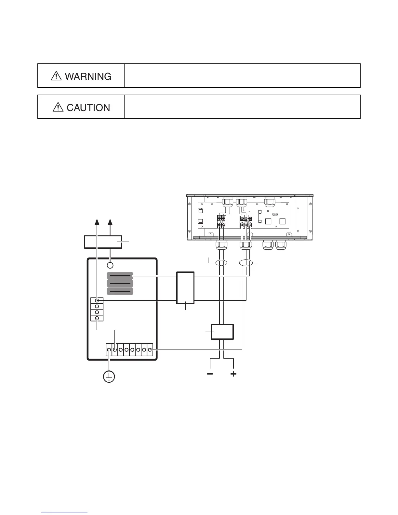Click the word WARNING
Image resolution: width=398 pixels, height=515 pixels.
click(x=88, y=76)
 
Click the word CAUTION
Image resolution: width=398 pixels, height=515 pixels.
click(x=88, y=108)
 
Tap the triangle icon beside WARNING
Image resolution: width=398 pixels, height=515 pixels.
click(x=56, y=76)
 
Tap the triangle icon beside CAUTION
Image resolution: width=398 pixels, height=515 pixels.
click(x=58, y=107)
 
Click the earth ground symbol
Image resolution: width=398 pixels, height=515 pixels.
click(x=109, y=377)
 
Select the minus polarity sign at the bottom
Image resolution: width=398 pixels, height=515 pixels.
click(x=210, y=374)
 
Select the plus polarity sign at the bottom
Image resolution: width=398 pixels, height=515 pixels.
click(x=233, y=374)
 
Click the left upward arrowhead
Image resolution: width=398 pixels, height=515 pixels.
click(x=97, y=222)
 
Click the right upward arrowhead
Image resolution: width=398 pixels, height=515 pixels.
click(x=110, y=222)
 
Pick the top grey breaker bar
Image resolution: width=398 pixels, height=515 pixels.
click(x=120, y=276)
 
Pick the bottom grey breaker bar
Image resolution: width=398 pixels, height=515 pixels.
click(x=120, y=291)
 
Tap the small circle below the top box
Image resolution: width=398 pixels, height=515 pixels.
click(x=110, y=265)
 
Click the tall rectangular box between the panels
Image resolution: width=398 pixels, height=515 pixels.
click(x=185, y=288)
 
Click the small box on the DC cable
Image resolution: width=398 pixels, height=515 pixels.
click(x=222, y=332)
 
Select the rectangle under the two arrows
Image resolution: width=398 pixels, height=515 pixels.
click(x=103, y=242)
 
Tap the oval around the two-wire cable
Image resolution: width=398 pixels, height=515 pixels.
click(x=221, y=263)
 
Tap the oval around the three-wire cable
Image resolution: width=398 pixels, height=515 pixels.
click(x=246, y=263)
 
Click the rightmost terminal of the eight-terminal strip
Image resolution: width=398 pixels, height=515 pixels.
click(x=150, y=350)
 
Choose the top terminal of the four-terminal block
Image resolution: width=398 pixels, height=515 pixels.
click(x=97, y=301)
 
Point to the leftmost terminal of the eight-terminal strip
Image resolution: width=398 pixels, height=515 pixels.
click(x=109, y=350)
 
